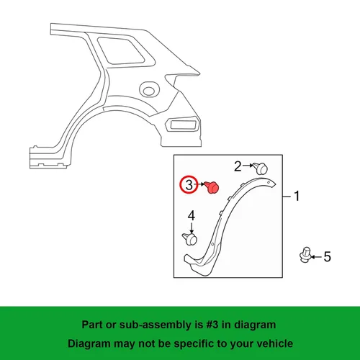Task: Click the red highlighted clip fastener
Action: tap(213, 187)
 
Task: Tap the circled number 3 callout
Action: tap(189, 185)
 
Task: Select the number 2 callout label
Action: tap(238, 166)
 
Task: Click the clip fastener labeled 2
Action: tap(260, 168)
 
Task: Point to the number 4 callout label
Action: tap(192, 216)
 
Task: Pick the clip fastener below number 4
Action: tap(190, 239)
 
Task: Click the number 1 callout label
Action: tap(297, 196)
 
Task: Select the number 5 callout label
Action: tap(328, 257)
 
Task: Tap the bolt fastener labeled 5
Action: tap(305, 255)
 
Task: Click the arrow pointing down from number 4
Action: tap(192, 228)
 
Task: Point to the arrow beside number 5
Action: tap(317, 257)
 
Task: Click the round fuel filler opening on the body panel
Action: tap(149, 89)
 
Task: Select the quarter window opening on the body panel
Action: tap(121, 50)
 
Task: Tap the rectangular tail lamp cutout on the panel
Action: tap(183, 125)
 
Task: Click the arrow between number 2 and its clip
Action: tap(248, 166)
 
